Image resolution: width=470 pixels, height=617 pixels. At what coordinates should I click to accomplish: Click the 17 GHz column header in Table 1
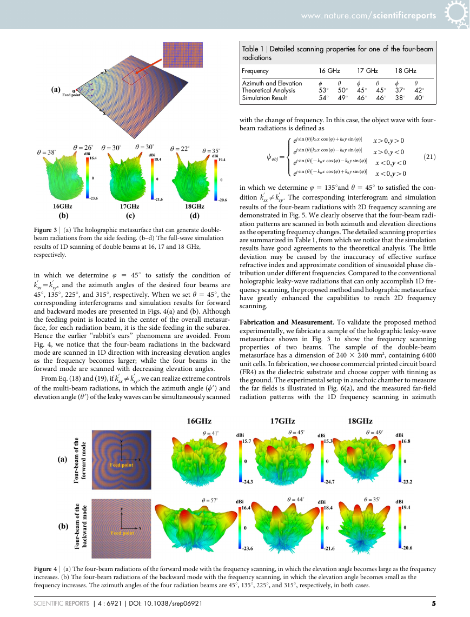[367, 71]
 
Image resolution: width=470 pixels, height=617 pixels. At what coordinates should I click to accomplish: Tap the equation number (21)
[429, 157]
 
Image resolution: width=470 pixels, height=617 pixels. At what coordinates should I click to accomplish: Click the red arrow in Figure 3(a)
[149, 67]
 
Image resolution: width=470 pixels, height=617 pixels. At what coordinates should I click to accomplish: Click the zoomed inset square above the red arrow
[183, 54]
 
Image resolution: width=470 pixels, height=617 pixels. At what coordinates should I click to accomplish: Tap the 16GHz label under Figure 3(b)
[63, 206]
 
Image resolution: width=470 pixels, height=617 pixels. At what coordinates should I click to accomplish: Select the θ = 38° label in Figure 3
[47, 152]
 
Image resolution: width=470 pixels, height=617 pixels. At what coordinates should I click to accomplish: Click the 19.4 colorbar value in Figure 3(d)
[222, 160]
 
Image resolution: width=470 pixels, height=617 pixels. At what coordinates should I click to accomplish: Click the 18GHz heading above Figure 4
[360, 421]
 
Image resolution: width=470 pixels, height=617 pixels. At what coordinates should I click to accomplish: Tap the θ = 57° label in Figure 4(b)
[209, 500]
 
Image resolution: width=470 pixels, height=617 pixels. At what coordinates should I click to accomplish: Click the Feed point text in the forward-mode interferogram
[122, 465]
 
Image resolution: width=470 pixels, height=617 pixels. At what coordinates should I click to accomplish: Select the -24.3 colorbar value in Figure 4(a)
[248, 482]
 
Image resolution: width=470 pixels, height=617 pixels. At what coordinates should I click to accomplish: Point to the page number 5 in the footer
[433, 603]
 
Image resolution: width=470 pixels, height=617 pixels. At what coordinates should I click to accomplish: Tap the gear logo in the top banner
[456, 14]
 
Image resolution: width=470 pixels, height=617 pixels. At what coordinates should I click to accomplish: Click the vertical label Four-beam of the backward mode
[80, 526]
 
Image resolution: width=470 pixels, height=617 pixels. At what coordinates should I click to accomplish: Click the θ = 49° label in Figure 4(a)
[374, 432]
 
